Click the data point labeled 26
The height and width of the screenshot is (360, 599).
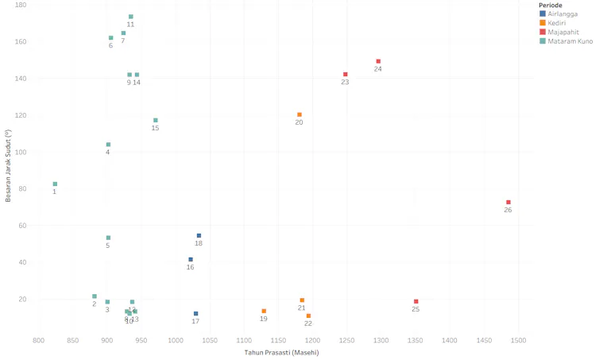click(x=508, y=203)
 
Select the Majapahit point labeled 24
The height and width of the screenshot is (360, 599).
click(x=378, y=61)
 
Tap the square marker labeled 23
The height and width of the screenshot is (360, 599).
click(x=345, y=75)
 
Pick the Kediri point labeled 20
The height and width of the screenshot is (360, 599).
click(x=299, y=114)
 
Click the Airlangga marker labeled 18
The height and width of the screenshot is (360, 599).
click(x=199, y=236)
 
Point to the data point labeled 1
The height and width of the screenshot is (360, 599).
click(x=55, y=184)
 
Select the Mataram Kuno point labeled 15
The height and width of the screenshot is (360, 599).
click(x=156, y=121)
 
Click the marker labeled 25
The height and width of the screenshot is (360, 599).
click(x=415, y=302)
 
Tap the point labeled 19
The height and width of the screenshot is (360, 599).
click(x=264, y=312)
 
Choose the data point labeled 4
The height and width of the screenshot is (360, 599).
click(x=108, y=145)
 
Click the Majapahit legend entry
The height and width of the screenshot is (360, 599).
click(x=562, y=32)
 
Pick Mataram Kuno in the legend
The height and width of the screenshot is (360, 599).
click(x=567, y=41)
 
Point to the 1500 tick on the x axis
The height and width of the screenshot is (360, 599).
click(x=518, y=340)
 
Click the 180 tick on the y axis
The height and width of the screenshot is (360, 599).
click(x=21, y=5)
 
